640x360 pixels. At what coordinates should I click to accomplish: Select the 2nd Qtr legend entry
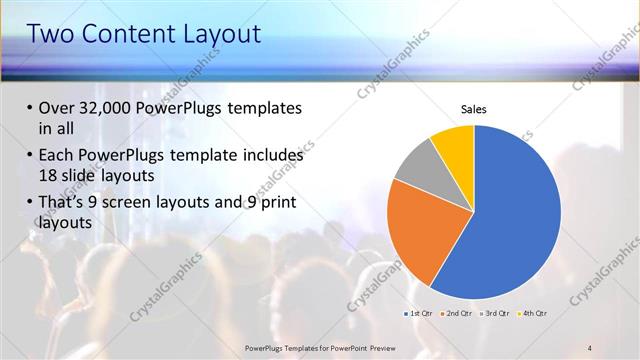(x=457, y=313)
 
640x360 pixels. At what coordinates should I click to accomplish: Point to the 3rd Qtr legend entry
(x=497, y=313)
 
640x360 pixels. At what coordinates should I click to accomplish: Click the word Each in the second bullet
(x=56, y=156)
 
